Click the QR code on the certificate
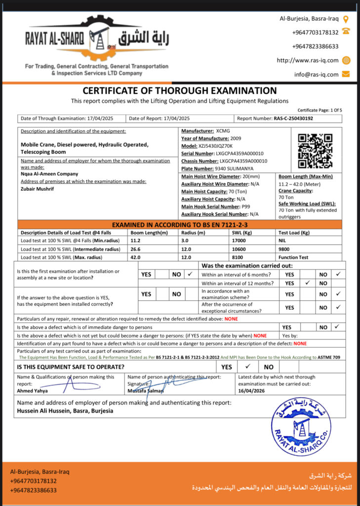[315, 151]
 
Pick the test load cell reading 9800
[285, 249]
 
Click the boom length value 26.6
[135, 249]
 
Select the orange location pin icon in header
[346, 19]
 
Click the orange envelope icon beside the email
[346, 74]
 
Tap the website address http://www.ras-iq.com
[308, 60]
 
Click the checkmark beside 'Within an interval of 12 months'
[307, 283]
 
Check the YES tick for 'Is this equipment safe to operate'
[248, 367]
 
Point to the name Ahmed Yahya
[32, 391]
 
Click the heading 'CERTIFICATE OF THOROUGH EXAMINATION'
[179, 91]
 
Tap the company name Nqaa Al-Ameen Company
[49, 174]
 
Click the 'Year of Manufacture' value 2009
[237, 138]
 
